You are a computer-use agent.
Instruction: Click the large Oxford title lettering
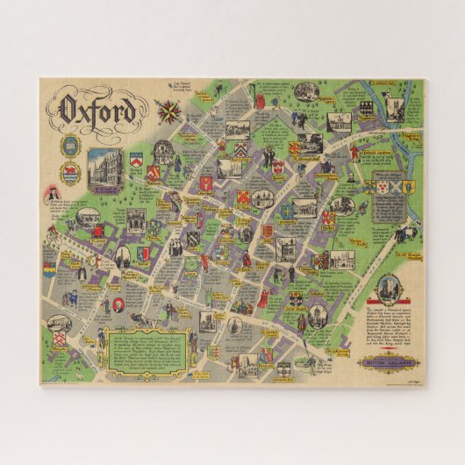[x=98, y=111]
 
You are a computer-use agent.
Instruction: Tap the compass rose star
[x=165, y=111]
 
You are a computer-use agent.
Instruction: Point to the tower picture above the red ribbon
[x=383, y=291]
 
